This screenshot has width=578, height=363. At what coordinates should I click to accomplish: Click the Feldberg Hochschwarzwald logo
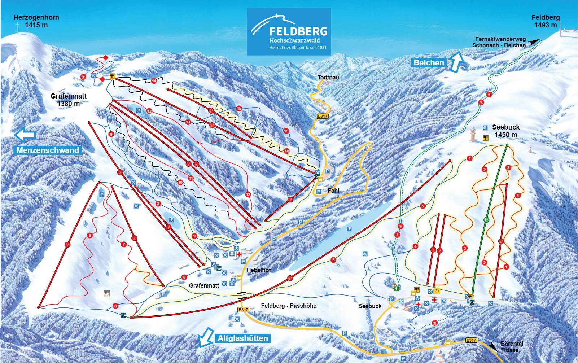point(289,32)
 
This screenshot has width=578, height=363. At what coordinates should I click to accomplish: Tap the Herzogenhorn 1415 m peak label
point(36,21)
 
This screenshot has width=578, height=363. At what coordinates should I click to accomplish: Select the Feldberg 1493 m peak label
point(545,21)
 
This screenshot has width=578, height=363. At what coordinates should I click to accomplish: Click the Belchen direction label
point(429,62)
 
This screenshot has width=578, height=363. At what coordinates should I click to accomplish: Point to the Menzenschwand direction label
point(47,150)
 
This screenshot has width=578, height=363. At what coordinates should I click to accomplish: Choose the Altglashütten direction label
point(243,338)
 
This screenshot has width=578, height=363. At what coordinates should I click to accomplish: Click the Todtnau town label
point(328,77)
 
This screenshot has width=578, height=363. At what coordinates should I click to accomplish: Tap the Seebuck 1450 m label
point(505,131)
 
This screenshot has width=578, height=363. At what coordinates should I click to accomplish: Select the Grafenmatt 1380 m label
point(69,100)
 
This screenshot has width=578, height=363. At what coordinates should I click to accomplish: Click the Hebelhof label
point(258,270)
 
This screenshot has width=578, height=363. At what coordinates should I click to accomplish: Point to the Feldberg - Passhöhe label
point(289,306)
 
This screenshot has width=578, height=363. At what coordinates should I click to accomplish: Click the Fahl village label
point(333,191)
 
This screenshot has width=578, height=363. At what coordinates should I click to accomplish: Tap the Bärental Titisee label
point(512,347)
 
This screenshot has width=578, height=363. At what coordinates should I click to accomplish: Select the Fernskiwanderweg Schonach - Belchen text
point(499,42)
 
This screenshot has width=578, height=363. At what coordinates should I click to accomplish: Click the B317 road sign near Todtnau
point(322,116)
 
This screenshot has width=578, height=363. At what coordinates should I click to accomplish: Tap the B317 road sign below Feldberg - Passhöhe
point(243,310)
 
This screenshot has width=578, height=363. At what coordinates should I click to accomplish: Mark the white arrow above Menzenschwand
point(25,135)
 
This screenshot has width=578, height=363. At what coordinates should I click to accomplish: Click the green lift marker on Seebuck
point(486,219)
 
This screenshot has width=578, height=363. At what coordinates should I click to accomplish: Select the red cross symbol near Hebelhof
point(239,254)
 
